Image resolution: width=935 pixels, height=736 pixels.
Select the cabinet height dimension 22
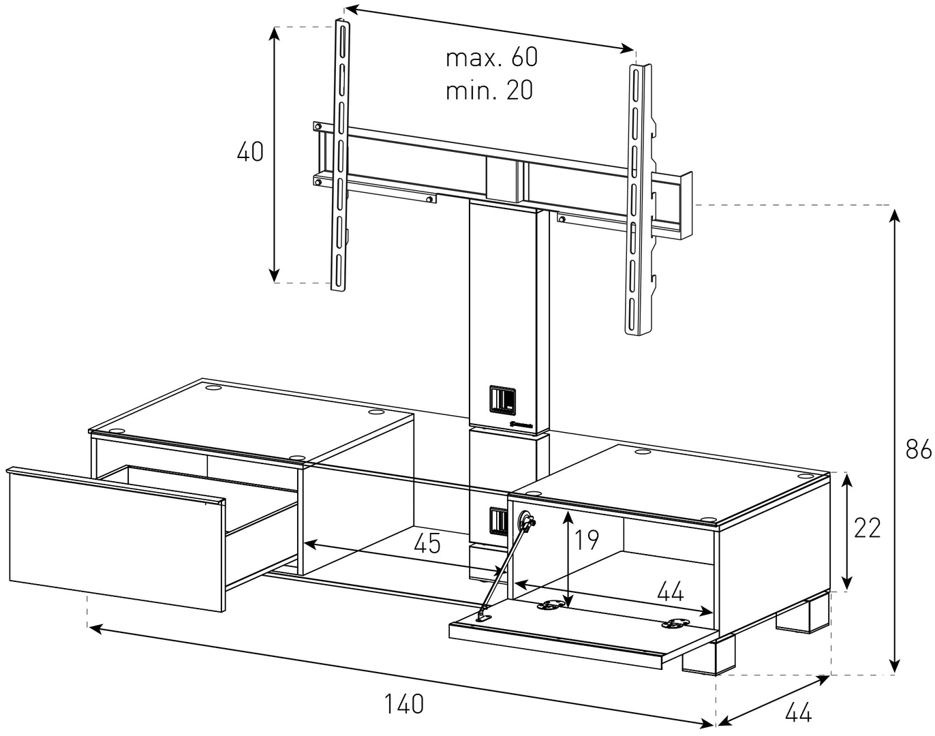coord(867,528)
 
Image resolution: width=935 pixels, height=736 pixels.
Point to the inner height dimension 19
coord(585,539)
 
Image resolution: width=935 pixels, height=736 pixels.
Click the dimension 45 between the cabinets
coord(427,543)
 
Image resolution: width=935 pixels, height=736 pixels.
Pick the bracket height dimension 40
coord(250,151)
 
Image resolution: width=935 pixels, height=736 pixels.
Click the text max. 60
coord(491,58)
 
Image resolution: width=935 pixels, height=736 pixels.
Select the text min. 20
coord(489,90)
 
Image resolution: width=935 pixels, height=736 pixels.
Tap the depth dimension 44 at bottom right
coord(798,713)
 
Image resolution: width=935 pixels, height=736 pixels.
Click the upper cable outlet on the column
coord(502,400)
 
